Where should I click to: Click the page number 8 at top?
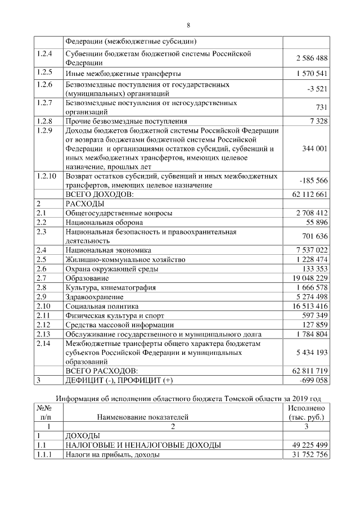point(188,25)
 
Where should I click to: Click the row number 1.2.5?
point(44,73)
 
